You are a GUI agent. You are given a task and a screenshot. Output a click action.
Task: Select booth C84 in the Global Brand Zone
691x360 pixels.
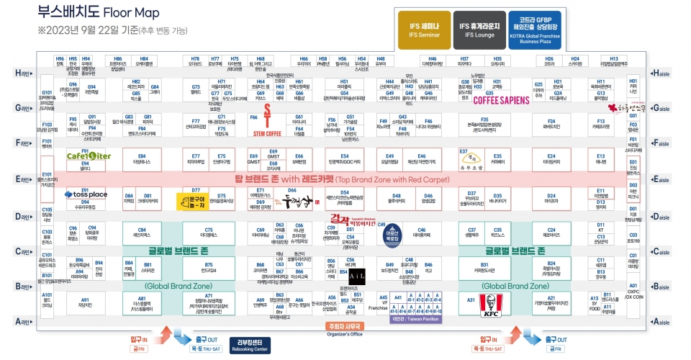142,231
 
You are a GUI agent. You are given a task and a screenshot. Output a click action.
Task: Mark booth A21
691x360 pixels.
551,302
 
